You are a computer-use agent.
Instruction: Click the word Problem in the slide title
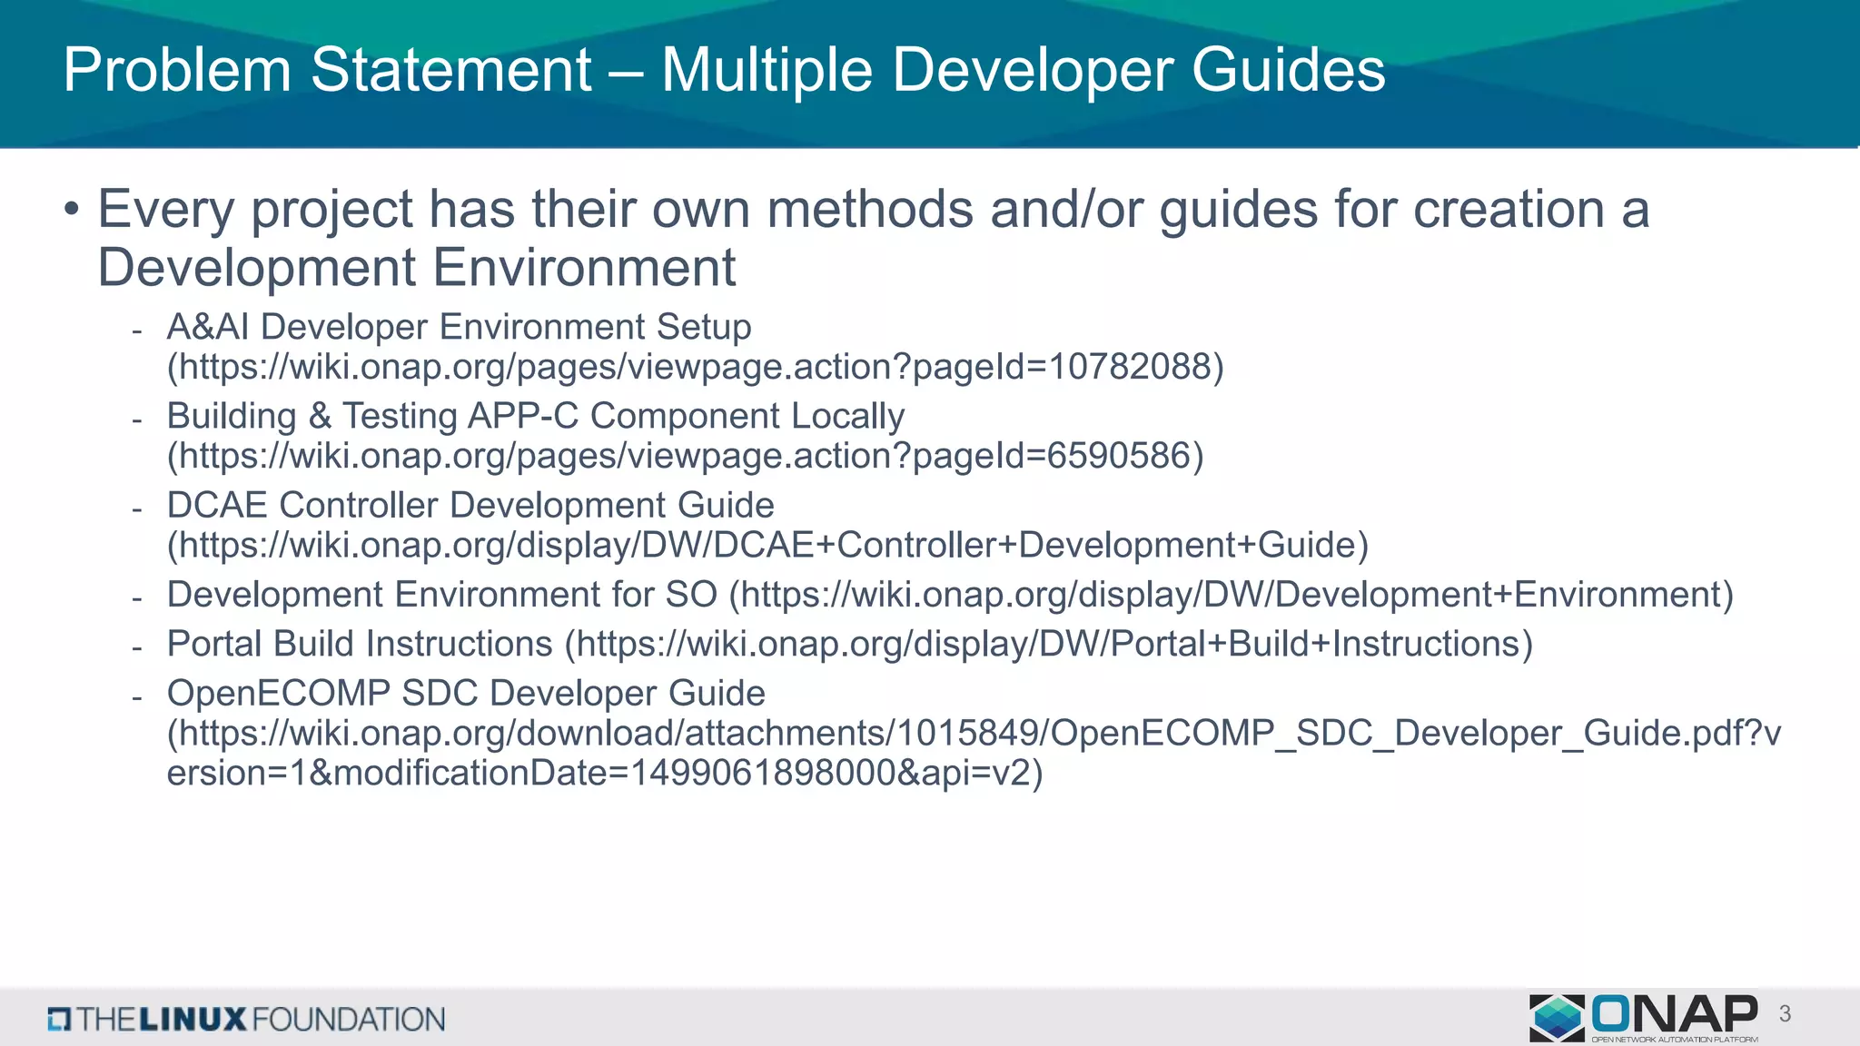[x=177, y=70]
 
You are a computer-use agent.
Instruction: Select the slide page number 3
[x=1785, y=1014]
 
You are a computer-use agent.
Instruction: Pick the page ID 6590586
[x=1119, y=456]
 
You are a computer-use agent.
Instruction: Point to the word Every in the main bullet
[x=166, y=210]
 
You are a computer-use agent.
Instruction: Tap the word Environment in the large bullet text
[x=584, y=268]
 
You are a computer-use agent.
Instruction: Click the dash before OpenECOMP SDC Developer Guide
[x=136, y=697]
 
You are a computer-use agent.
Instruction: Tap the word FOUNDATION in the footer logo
[x=349, y=1020]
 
